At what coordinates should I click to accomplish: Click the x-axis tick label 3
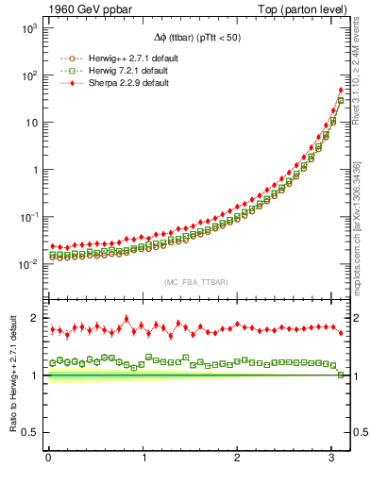pos(332,459)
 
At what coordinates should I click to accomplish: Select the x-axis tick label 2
pos(238,459)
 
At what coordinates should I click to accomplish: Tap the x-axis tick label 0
pos(48,459)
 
